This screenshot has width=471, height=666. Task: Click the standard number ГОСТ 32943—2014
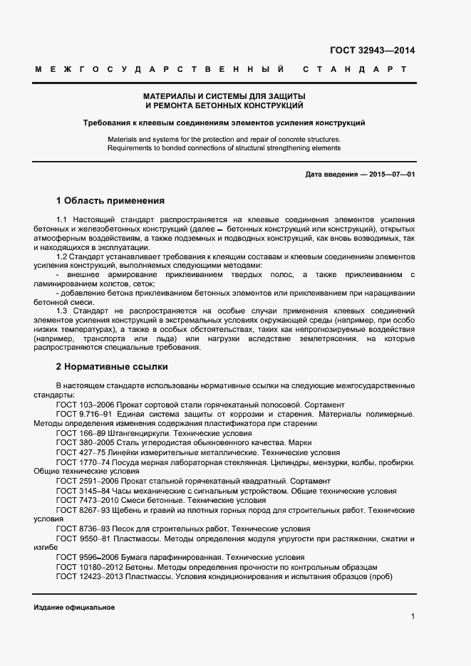point(372,50)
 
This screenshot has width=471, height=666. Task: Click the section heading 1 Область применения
point(110,200)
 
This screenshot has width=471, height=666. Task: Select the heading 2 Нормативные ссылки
point(112,367)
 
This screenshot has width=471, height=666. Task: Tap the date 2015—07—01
point(392,175)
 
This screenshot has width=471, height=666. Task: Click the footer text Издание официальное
point(74,607)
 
